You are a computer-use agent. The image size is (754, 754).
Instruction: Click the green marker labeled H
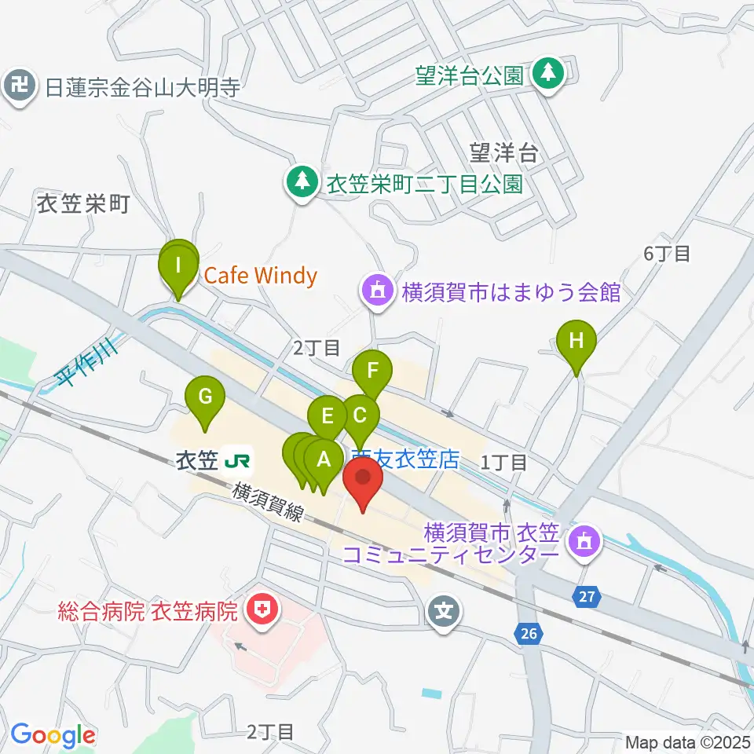click(x=576, y=342)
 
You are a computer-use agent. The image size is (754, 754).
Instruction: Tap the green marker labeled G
click(x=204, y=396)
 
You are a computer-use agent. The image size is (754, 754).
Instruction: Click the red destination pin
click(x=363, y=478)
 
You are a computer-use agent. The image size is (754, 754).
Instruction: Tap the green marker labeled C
click(x=361, y=415)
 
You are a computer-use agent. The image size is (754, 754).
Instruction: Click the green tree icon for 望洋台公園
click(x=548, y=75)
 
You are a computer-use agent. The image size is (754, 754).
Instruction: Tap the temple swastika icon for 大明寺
click(x=20, y=86)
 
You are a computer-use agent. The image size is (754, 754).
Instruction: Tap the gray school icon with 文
click(x=445, y=608)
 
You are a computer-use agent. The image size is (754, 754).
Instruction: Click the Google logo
click(x=53, y=735)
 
